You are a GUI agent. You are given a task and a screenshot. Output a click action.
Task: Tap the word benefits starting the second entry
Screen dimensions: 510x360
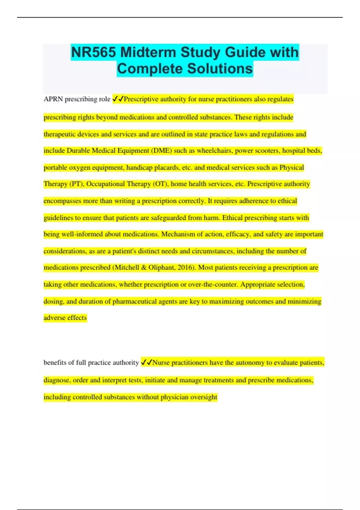[x=55, y=363]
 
